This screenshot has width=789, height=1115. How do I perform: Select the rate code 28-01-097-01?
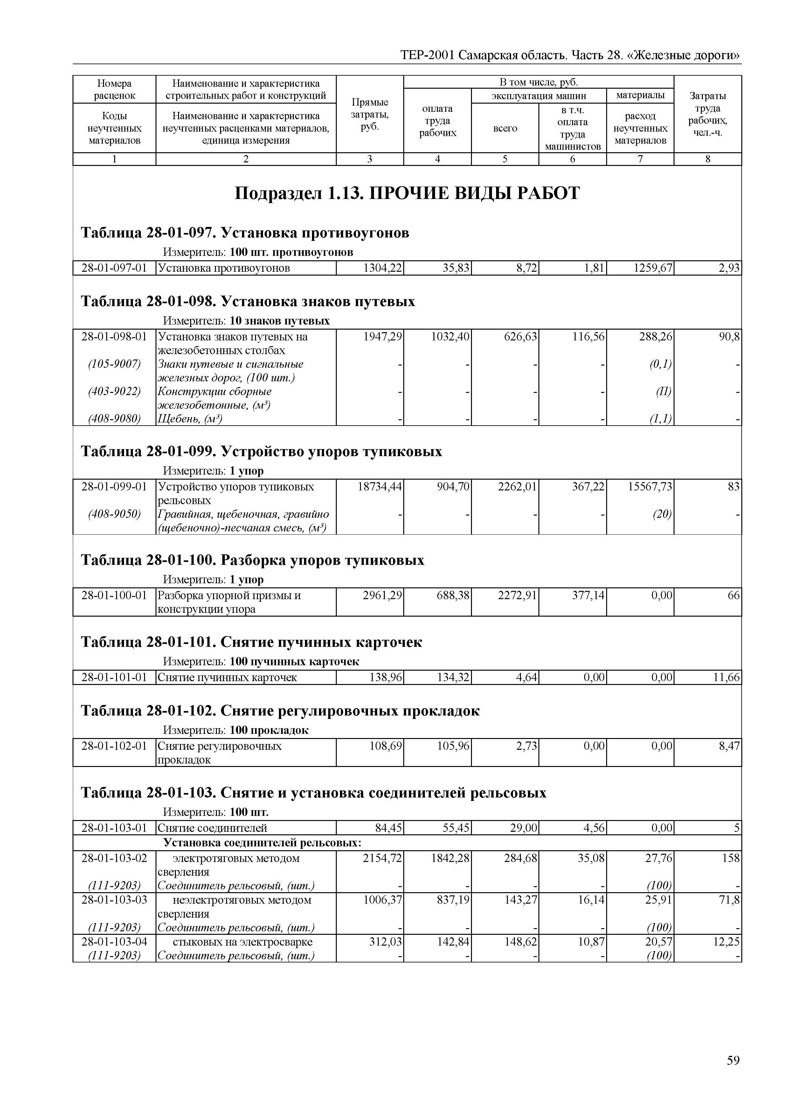tap(114, 268)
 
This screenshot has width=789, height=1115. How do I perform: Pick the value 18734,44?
tap(380, 487)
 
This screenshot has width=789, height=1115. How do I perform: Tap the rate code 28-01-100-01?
tap(114, 595)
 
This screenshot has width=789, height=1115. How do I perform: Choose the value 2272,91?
tap(518, 595)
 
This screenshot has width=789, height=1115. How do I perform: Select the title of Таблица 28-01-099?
tap(261, 452)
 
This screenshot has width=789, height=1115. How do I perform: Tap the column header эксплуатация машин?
tap(539, 96)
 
